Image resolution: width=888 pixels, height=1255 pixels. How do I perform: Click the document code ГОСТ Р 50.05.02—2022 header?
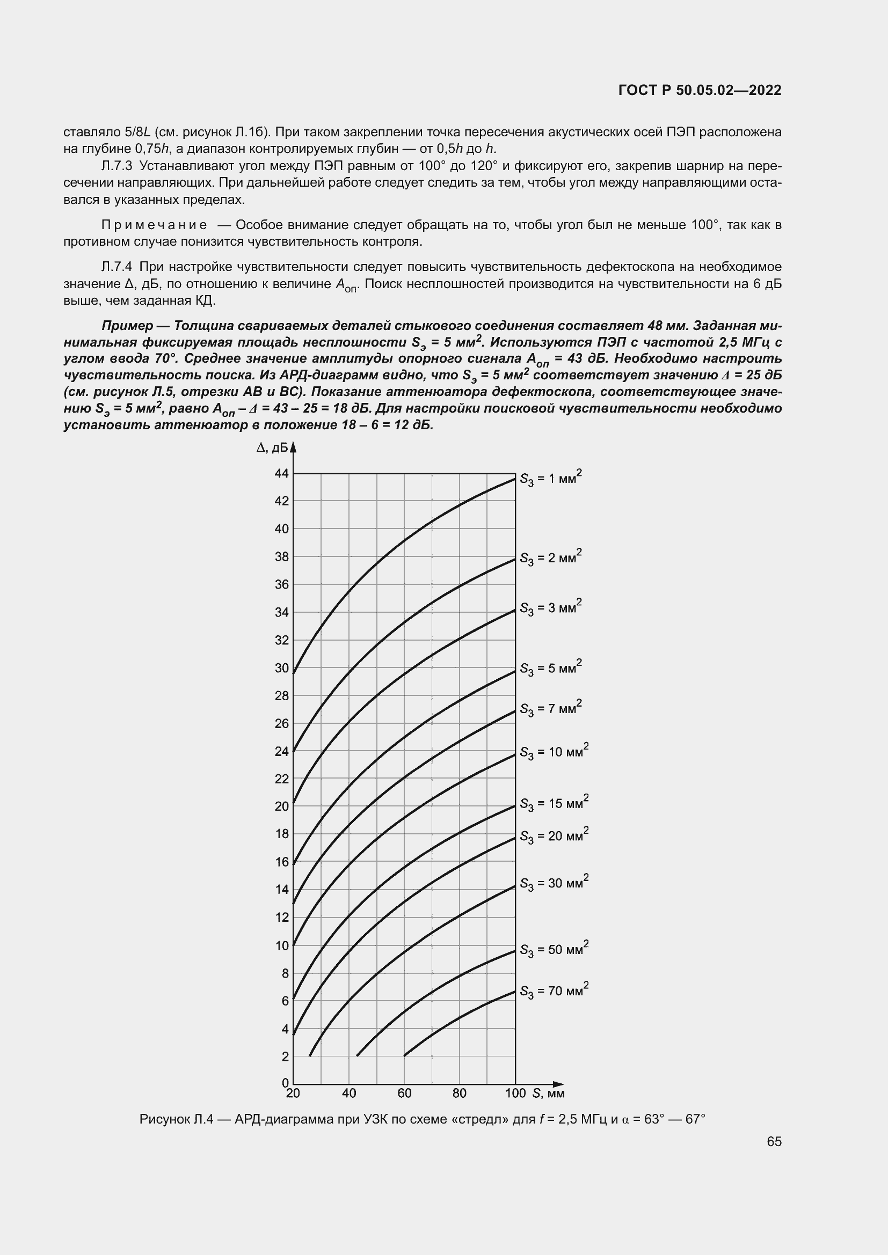(x=700, y=90)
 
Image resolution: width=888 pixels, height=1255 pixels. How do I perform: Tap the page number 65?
(x=774, y=1141)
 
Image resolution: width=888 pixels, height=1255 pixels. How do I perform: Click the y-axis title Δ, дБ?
(x=272, y=447)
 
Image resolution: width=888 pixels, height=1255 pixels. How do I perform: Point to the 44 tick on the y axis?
(x=282, y=473)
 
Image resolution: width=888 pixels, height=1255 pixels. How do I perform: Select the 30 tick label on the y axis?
(x=282, y=668)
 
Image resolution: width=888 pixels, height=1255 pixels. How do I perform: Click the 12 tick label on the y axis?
(x=282, y=918)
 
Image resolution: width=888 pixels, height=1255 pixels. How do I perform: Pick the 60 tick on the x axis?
(x=404, y=1092)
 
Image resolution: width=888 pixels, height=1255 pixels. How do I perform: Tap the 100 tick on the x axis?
(x=515, y=1092)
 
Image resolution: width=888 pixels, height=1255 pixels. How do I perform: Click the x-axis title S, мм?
(x=549, y=1092)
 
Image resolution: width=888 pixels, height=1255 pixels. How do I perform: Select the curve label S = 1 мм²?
(x=550, y=478)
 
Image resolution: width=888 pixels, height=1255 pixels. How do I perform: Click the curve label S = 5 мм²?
(x=550, y=668)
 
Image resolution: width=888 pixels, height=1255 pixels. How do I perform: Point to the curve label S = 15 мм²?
(x=554, y=804)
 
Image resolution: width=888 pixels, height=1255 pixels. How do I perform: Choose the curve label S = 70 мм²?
(x=554, y=991)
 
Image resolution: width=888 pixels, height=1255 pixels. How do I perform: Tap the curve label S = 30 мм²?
(x=554, y=884)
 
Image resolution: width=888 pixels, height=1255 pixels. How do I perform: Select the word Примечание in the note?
(x=154, y=225)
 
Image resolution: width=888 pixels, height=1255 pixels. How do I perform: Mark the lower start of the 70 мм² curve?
(x=405, y=1055)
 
